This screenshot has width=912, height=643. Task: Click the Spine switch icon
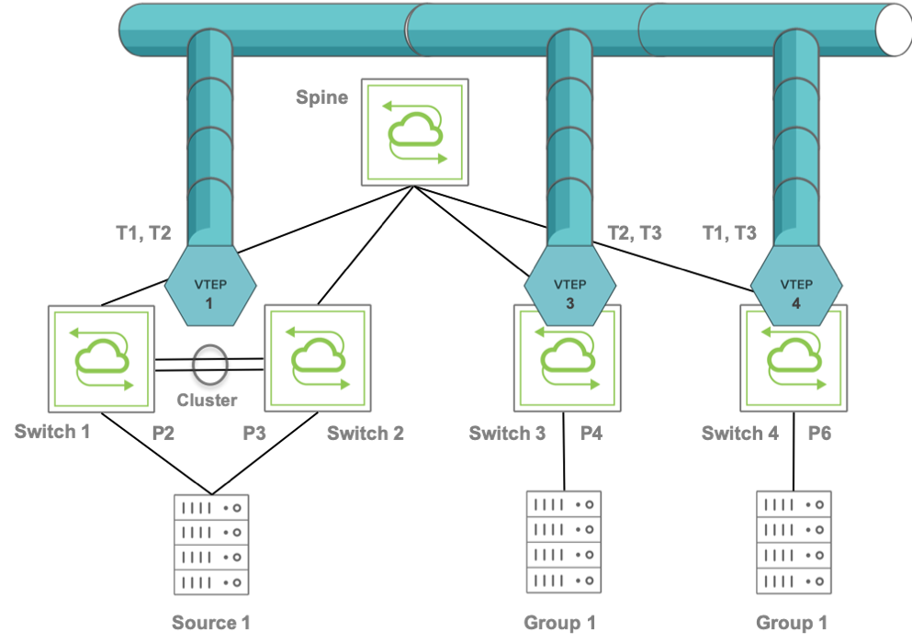click(x=415, y=132)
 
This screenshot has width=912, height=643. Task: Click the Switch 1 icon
click(x=101, y=358)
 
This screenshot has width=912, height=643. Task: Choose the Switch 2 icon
click(x=318, y=358)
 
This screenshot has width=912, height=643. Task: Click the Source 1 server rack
click(x=211, y=545)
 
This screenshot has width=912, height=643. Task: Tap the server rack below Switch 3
click(x=564, y=542)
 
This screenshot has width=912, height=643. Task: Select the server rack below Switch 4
click(x=794, y=542)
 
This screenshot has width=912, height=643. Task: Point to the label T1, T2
click(x=143, y=233)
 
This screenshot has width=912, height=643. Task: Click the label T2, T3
click(x=635, y=233)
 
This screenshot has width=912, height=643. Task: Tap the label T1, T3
click(x=729, y=233)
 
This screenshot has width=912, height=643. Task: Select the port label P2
click(x=163, y=433)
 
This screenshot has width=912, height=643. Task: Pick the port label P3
click(x=254, y=433)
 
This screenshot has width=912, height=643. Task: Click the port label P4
click(x=591, y=433)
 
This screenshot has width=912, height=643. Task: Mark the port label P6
click(x=819, y=433)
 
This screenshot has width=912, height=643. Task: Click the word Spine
click(x=322, y=97)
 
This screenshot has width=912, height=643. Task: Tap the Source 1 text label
click(x=211, y=623)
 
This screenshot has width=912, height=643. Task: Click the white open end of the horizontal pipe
click(x=895, y=29)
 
